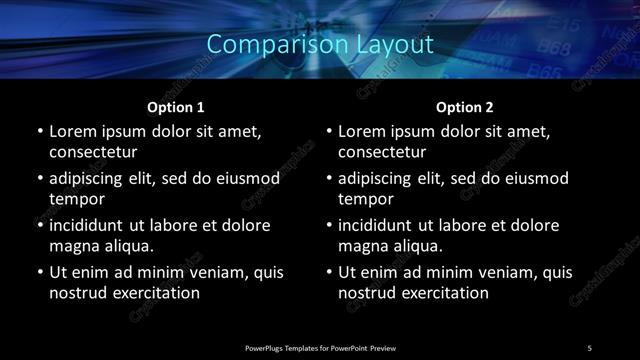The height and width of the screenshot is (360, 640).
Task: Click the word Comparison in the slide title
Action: click(263, 45)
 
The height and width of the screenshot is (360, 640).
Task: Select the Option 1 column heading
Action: click(176, 106)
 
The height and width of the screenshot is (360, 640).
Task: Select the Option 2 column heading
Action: click(465, 106)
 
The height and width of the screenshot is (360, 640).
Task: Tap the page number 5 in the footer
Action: click(590, 347)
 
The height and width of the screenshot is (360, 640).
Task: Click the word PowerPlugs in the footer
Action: click(266, 347)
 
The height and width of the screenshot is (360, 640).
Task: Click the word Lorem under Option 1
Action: click(73, 132)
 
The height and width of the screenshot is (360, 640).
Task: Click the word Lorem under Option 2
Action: click(363, 132)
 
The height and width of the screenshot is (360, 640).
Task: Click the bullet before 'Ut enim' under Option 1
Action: click(39, 272)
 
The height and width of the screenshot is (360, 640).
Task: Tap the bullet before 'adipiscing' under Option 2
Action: click(329, 179)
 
